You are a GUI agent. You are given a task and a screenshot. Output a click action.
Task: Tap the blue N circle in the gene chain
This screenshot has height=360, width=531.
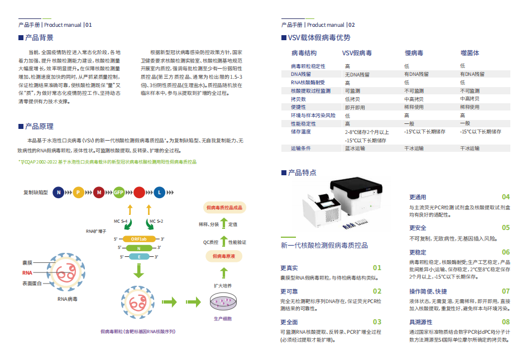coord(58,193)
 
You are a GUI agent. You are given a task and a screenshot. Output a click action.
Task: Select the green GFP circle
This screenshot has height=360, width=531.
coord(119,193)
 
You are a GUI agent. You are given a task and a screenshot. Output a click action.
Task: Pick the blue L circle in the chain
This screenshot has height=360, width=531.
coord(159,193)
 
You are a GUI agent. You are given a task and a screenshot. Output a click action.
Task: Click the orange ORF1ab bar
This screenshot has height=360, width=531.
coord(139,239)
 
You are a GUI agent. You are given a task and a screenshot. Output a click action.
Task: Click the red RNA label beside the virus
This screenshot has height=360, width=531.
coord(27,272)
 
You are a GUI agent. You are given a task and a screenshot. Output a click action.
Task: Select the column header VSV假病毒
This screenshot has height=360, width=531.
coord(357,53)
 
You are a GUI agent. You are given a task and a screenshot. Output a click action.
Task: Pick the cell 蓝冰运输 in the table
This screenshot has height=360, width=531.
coord(355,148)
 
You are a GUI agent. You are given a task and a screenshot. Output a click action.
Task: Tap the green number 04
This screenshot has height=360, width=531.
coord(505,197)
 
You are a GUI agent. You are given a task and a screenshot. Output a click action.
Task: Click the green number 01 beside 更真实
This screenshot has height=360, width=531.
coord(377,268)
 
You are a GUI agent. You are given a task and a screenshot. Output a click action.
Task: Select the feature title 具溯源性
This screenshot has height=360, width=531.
coord(421,322)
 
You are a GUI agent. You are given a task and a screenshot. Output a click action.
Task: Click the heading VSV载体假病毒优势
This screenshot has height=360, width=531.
coord(319,38)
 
